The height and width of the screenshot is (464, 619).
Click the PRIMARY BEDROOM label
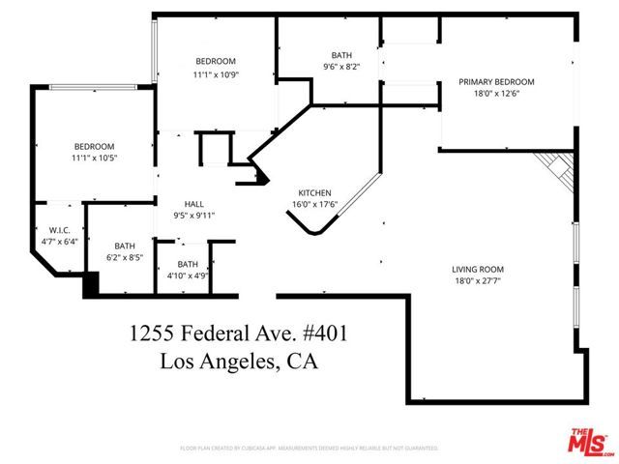(x=498, y=83)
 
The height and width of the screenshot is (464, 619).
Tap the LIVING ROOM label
(x=478, y=270)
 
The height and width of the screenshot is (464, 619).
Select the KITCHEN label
(x=314, y=191)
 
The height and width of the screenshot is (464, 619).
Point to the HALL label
(x=193, y=203)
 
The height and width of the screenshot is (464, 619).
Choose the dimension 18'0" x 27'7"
(x=478, y=282)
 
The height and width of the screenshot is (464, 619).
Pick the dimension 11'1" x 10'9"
(x=215, y=74)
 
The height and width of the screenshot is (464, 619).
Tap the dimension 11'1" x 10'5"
(x=95, y=158)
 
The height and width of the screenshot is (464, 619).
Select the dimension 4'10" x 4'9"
(x=188, y=275)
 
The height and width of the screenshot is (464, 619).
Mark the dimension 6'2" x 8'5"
(x=125, y=258)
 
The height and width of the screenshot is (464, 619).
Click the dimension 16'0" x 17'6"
(x=314, y=204)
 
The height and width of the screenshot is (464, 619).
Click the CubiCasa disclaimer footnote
(x=309, y=449)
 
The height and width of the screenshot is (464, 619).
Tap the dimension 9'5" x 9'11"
(x=193, y=216)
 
